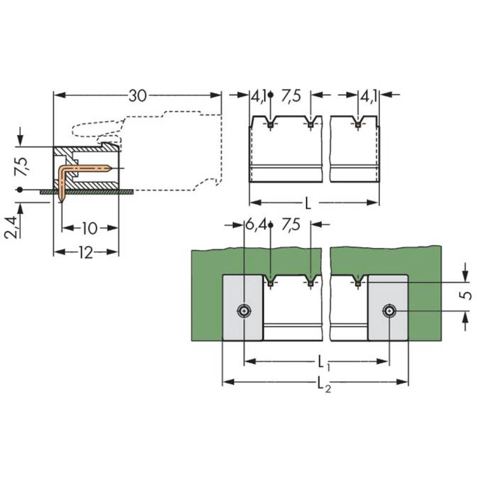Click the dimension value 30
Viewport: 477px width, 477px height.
(x=137, y=96)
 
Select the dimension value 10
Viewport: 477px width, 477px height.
(x=89, y=228)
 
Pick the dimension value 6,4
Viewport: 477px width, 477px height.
(x=256, y=225)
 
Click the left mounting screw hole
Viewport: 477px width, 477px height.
(x=244, y=311)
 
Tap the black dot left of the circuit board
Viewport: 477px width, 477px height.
(x=19, y=189)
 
